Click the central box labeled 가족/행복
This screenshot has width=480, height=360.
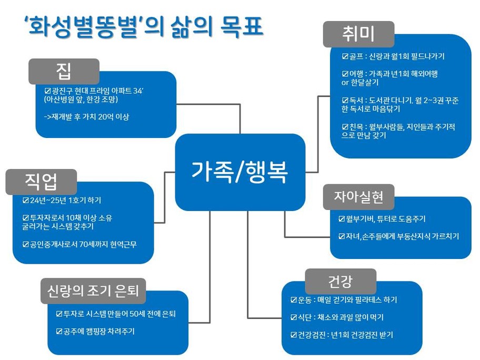point(240,172)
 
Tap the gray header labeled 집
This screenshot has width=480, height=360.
point(64,71)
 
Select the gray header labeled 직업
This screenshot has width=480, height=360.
point(41,182)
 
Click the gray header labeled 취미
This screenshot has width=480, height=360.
point(358,34)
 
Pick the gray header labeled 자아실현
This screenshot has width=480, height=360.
point(358,197)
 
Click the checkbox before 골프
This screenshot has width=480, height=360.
point(345,56)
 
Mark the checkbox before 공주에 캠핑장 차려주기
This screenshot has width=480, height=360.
point(59,331)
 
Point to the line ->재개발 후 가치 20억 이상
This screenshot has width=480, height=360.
point(86,116)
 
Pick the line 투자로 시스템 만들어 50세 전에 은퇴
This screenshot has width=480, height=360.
point(119,314)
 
